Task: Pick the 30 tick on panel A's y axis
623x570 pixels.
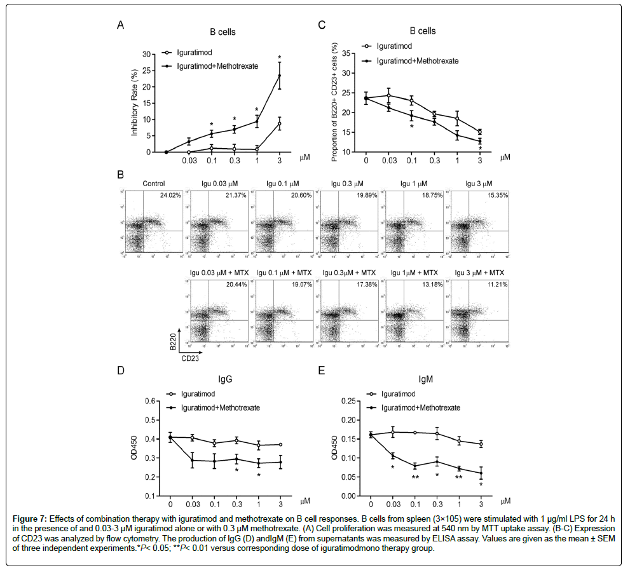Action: coord(149,54)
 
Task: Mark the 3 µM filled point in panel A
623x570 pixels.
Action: coord(278,76)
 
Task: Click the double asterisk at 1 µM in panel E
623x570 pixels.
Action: coord(458,477)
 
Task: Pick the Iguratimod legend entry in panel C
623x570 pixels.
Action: coord(395,47)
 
